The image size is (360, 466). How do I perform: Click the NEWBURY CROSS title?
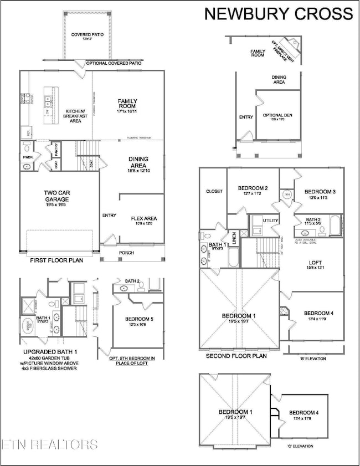[x=279, y=14]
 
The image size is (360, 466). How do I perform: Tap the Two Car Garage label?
[x=56, y=196]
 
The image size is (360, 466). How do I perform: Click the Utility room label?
[x=270, y=221]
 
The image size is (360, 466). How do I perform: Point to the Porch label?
[x=126, y=253]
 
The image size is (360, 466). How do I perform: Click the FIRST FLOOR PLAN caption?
[x=46, y=259]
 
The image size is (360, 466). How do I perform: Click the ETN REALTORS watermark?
[x=49, y=444]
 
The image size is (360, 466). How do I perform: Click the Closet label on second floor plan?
[x=214, y=191]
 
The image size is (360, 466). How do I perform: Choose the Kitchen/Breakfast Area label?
[x=74, y=114]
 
